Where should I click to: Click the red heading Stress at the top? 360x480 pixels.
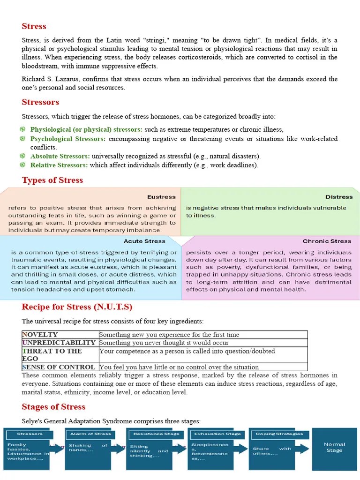click(34, 26)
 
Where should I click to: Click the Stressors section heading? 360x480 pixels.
click(40, 102)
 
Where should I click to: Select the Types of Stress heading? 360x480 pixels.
click(52, 180)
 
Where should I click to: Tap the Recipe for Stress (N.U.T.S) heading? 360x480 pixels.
click(77, 307)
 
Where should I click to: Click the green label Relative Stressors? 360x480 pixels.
click(59, 165)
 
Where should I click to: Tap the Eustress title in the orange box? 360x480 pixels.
click(161, 197)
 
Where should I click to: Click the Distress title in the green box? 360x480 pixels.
click(339, 197)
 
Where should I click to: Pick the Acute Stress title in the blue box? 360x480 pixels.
click(144, 241)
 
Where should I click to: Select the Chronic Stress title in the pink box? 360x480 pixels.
click(327, 241)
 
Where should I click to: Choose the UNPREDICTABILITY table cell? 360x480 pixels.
click(60, 343)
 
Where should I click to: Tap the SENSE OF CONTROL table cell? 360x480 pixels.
click(60, 367)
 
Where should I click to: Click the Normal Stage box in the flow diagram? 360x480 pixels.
click(334, 448)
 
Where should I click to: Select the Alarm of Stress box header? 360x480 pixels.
click(90, 434)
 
